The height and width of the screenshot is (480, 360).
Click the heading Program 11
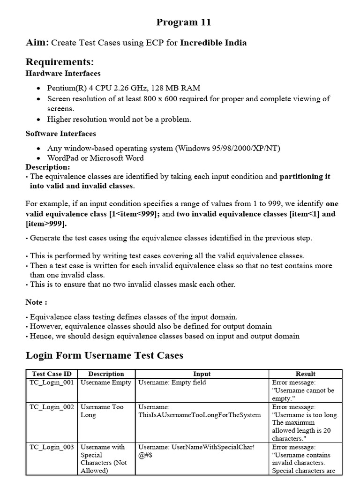click(183, 22)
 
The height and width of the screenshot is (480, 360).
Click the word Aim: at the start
click(37, 43)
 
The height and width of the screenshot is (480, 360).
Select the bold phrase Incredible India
click(213, 43)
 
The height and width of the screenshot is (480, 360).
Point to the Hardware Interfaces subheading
click(63, 73)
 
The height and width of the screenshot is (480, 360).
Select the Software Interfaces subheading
click(60, 134)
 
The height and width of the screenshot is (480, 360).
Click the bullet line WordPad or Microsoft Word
click(95, 157)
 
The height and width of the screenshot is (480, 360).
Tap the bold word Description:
click(47, 167)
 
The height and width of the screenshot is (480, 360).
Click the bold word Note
click(34, 302)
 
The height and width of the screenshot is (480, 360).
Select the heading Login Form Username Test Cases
click(104, 355)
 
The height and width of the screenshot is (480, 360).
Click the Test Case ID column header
click(52, 374)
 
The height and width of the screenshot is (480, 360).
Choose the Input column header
click(202, 374)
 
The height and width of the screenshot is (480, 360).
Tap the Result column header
click(305, 374)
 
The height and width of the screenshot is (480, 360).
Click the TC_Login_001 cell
click(52, 382)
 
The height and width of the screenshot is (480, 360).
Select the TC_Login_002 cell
click(52, 407)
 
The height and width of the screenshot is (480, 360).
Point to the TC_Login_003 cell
click(52, 447)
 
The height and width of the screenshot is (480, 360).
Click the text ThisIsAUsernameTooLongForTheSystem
click(199, 415)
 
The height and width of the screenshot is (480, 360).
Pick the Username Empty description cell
click(106, 382)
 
